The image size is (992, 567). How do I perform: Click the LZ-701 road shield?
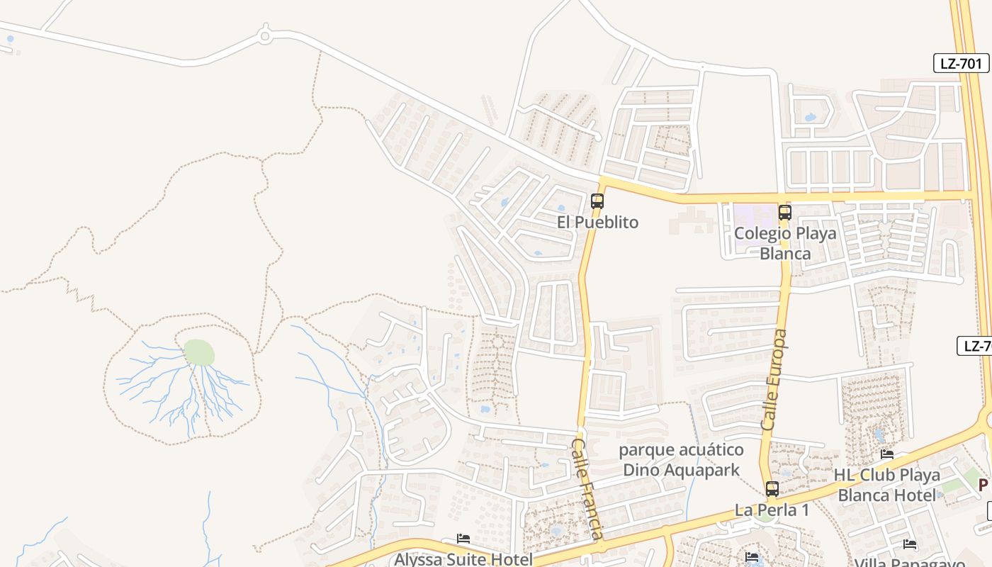pos(961,63)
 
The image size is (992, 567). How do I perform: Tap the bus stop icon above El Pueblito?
pos(597,201)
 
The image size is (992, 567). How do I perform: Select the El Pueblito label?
pos(597,223)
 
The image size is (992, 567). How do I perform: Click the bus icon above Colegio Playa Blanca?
pos(784,212)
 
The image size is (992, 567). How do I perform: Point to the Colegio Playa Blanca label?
pos(785,243)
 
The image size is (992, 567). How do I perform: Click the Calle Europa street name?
pos(774,379)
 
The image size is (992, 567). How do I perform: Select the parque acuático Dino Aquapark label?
pos(682,460)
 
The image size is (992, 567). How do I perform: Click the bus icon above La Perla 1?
pos(772,488)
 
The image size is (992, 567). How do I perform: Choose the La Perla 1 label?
pos(772,510)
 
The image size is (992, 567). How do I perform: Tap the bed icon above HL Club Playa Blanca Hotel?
pos(887,454)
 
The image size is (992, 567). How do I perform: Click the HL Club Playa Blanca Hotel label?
pos(887,485)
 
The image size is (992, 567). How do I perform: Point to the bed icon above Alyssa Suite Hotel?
pos(463,539)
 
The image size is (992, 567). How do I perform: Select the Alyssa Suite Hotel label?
pos(463,559)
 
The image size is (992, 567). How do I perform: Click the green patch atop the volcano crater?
pos(199,352)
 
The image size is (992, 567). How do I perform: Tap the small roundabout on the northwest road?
pos(265,34)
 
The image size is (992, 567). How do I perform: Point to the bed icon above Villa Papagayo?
pos(910,544)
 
